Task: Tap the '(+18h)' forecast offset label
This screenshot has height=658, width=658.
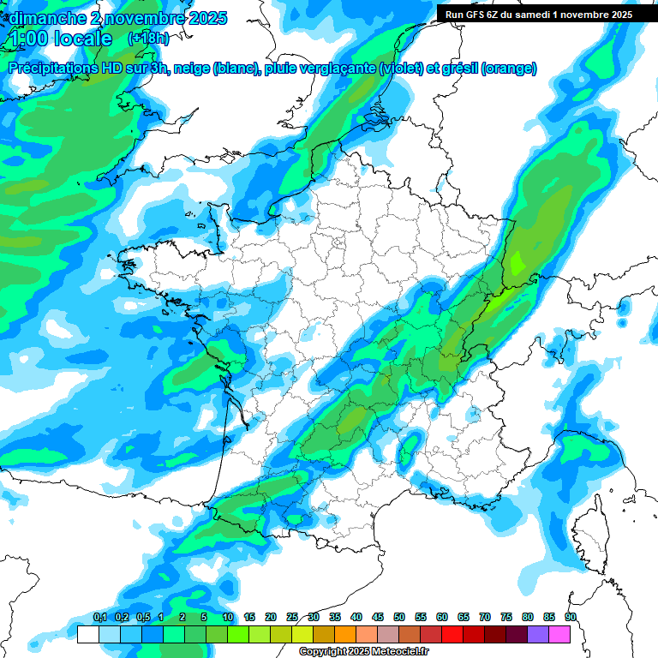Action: coord(148,39)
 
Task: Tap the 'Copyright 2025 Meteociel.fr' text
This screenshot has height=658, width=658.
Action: coord(363,652)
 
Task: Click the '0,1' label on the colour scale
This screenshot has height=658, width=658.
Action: coord(99,618)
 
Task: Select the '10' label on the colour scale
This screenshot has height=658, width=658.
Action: coord(228,618)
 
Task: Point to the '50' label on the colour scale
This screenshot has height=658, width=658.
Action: coord(399,618)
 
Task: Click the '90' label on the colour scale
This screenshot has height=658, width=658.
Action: coord(571,618)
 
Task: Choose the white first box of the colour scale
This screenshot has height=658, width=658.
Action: coord(87,634)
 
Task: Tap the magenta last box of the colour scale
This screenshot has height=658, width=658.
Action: coord(559,634)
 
